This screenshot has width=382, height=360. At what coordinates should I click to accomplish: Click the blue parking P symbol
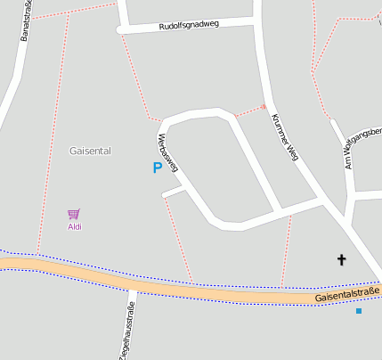pyautogui.click(x=158, y=167)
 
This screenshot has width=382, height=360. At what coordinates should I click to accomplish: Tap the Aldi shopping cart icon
pyautogui.click(x=74, y=214)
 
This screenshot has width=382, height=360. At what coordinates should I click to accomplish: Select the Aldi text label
pyautogui.click(x=75, y=227)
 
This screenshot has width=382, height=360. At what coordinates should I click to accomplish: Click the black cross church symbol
pyautogui.click(x=340, y=260)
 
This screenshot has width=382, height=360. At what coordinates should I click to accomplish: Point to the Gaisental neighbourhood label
pyautogui.click(x=90, y=151)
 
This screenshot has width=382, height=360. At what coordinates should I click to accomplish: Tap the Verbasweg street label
pyautogui.click(x=167, y=151)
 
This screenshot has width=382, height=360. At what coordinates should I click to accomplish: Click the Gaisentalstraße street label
pyautogui.click(x=347, y=293)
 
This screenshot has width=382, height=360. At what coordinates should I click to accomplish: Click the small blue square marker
pyautogui.click(x=359, y=311)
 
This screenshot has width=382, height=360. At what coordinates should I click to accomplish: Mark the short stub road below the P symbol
pyautogui.click(x=174, y=192)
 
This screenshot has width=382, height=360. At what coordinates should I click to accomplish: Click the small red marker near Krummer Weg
pyautogui.click(x=264, y=107)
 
